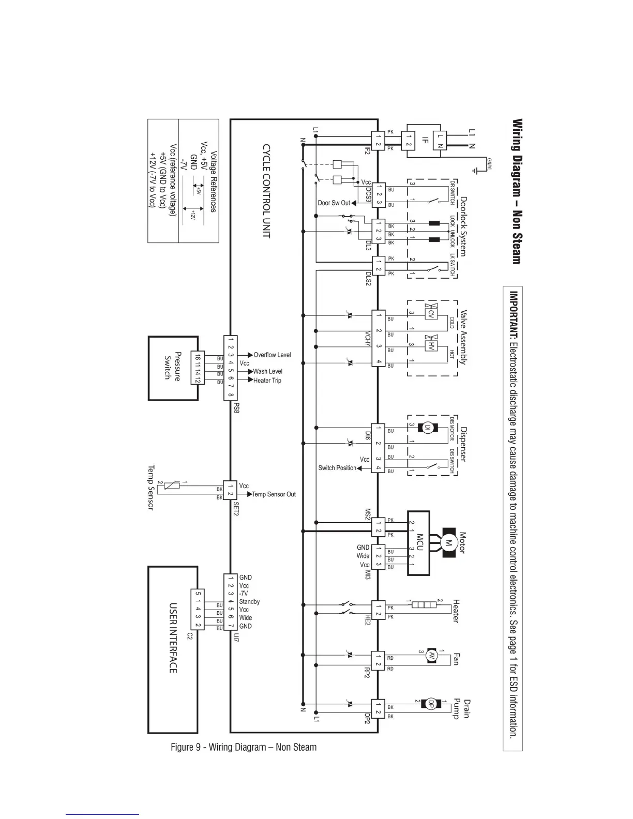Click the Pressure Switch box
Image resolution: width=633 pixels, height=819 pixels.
(x=173, y=368)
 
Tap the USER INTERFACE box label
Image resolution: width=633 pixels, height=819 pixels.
(x=173, y=637)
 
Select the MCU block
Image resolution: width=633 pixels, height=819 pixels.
(x=419, y=543)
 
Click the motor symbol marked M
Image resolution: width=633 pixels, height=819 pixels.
(x=448, y=543)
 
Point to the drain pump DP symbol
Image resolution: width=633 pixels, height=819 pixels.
(x=430, y=704)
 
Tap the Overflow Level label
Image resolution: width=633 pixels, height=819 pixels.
(x=272, y=355)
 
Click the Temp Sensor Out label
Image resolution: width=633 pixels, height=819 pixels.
(x=274, y=495)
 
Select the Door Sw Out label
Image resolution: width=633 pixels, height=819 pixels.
(x=334, y=203)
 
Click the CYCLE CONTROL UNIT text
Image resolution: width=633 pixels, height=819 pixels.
(x=266, y=191)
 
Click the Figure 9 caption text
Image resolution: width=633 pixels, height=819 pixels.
(x=244, y=747)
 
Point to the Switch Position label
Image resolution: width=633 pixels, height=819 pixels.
(x=337, y=468)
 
